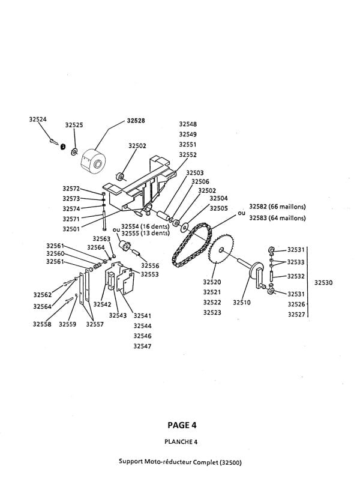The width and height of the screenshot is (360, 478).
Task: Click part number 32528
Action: point(136,120)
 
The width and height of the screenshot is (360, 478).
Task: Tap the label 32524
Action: point(38,119)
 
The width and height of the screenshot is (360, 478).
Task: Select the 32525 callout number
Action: point(74,125)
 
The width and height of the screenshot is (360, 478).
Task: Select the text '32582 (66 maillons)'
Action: point(277,206)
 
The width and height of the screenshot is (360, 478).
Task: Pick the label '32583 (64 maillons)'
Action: point(277,217)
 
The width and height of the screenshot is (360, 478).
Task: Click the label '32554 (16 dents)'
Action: point(145,226)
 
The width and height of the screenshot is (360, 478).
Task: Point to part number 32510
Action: point(242,303)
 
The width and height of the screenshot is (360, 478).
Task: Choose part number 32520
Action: point(212,281)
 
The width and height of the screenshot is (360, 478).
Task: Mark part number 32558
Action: point(42,324)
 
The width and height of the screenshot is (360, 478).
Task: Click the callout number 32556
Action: point(150,265)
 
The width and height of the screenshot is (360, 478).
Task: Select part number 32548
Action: point(188,124)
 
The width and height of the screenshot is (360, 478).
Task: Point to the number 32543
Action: point(118,315)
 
